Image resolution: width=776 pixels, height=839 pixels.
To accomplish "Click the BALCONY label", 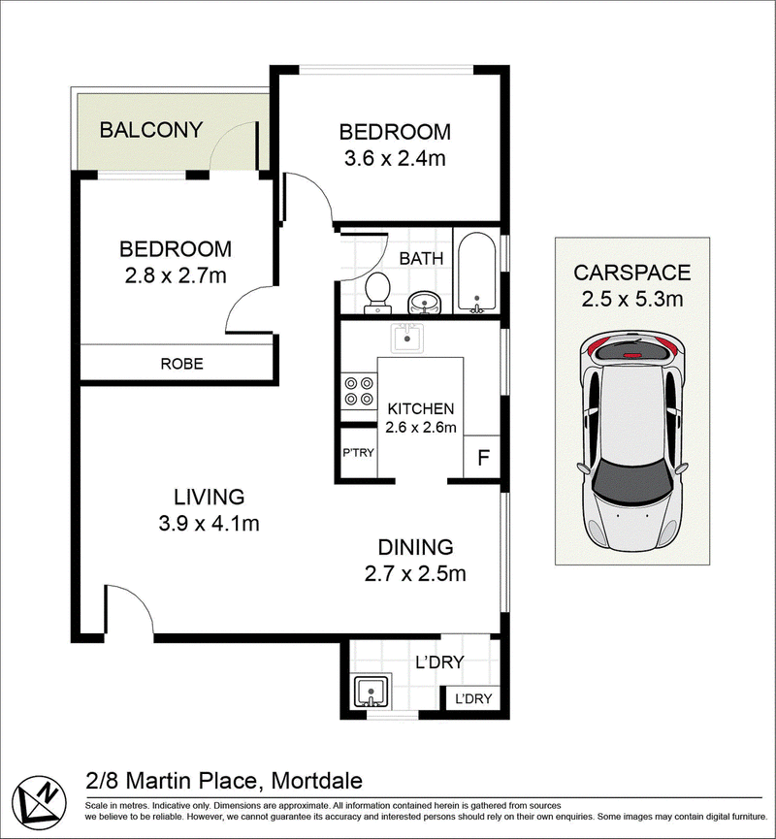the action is pyautogui.click(x=151, y=130).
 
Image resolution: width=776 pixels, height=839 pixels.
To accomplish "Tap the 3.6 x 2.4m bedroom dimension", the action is pyautogui.click(x=395, y=159).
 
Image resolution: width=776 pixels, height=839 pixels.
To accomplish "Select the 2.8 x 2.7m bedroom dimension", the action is pyautogui.click(x=176, y=276).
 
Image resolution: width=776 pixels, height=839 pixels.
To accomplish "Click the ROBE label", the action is pyautogui.click(x=182, y=364).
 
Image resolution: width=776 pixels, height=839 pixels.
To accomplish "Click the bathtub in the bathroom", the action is pyautogui.click(x=477, y=273).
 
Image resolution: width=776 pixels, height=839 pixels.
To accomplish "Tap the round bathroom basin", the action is pyautogui.click(x=425, y=304).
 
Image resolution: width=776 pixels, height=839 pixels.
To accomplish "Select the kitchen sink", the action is pyautogui.click(x=406, y=338).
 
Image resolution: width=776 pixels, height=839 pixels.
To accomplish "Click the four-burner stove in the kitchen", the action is pyautogui.click(x=359, y=391).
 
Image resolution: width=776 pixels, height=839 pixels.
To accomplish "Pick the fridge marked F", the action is pyautogui.click(x=483, y=457).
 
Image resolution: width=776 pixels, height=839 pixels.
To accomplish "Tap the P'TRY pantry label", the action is pyautogui.click(x=358, y=453).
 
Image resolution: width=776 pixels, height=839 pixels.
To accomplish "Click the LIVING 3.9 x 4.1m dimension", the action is pyautogui.click(x=209, y=524).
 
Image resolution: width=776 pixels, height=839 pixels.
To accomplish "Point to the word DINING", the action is pyautogui.click(x=415, y=547).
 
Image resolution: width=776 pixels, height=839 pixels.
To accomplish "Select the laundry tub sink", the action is pyautogui.click(x=372, y=691).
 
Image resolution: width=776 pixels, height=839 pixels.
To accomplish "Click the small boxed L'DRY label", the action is pyautogui.click(x=473, y=698).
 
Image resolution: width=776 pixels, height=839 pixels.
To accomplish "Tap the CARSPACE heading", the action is pyautogui.click(x=632, y=273).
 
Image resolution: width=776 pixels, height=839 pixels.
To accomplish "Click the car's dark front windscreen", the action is pyautogui.click(x=632, y=479).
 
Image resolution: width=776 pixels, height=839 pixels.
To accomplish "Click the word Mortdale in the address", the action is pyautogui.click(x=317, y=781).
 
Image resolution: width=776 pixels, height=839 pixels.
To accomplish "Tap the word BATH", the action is pyautogui.click(x=422, y=259).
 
